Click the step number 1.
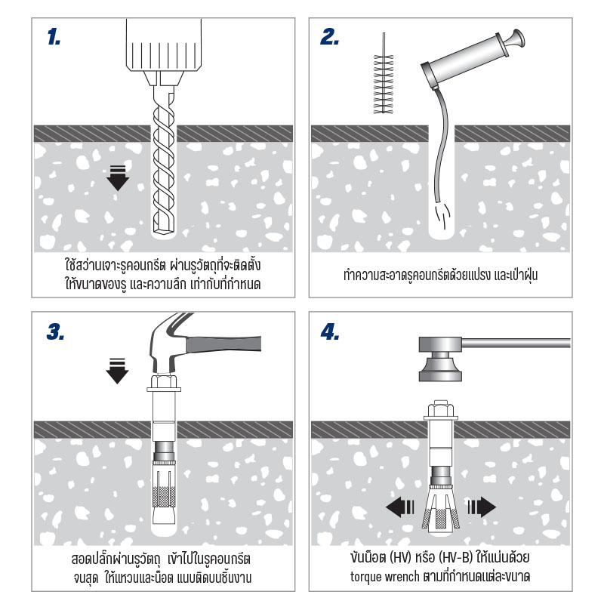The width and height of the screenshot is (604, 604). click(54, 39)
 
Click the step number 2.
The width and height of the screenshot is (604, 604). click(330, 39)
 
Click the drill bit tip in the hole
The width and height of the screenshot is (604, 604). click(163, 226)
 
